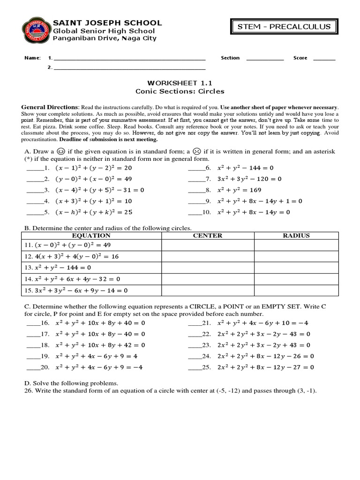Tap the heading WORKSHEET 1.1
[x=180, y=82]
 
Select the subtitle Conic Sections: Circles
[x=180, y=91]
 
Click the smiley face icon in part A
[x=61, y=151]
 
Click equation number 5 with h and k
[x=94, y=212]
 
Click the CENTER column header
[x=208, y=236]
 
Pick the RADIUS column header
[x=296, y=236]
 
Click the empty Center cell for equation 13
[x=208, y=268]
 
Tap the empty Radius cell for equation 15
[x=296, y=290]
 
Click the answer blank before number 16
[x=33, y=324]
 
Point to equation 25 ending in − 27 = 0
[x=265, y=367]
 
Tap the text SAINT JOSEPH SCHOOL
[x=107, y=22]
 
